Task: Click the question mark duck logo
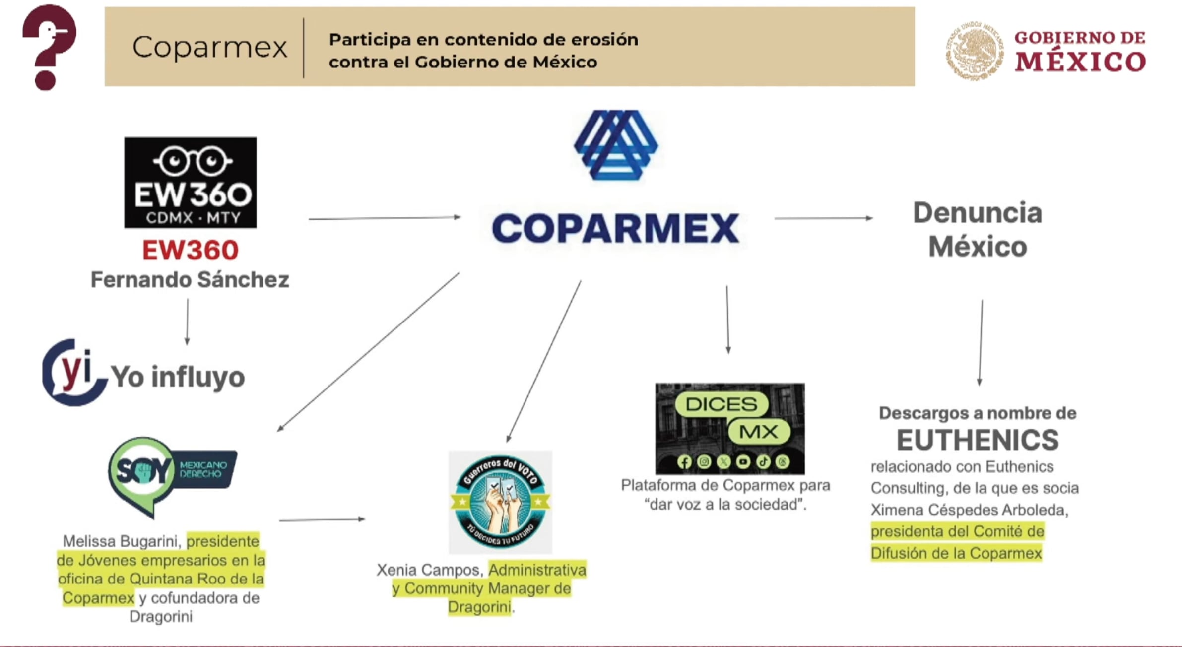pos(49,47)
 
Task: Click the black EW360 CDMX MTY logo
pos(190,183)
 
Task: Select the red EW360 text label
pos(190,250)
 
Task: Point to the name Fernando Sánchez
pos(190,280)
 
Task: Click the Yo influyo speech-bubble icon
pos(73,373)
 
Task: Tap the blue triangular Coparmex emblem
pos(615,144)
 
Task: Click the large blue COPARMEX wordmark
pos(615,228)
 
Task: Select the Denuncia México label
pos(977,230)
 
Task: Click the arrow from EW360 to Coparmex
pos(385,218)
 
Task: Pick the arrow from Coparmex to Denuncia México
pos(823,218)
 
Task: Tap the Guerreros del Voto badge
pos(500,502)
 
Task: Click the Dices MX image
pos(729,428)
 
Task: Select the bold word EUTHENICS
pos(977,440)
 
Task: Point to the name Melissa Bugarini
pos(123,541)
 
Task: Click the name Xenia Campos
pos(430,570)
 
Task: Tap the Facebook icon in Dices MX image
pos(684,462)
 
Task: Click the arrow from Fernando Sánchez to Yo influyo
pos(187,322)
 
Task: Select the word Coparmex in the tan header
pos(209,47)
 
